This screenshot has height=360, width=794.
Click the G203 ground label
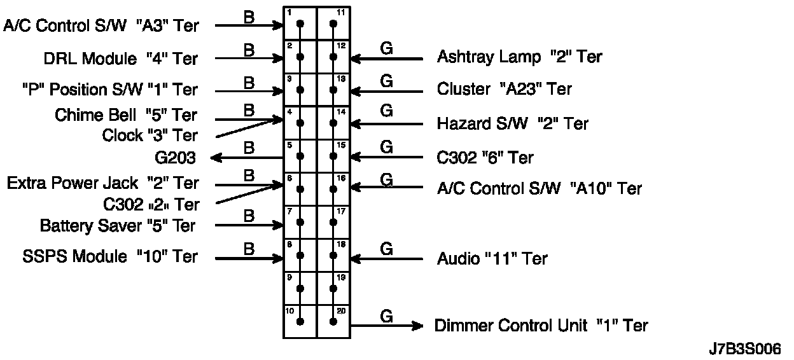pos(175,157)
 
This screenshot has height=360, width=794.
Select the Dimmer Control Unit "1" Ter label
pos(541,326)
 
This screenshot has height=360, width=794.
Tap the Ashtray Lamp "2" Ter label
pos(519,57)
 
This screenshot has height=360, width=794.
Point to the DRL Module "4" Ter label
pos(121,59)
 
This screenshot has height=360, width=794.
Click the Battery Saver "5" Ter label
pos(118,226)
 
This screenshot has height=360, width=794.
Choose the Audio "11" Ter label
pos(492,259)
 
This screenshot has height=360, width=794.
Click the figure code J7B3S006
pos(744,349)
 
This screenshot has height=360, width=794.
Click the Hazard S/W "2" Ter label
pos(512,123)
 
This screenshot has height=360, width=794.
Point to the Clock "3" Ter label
pos(150,135)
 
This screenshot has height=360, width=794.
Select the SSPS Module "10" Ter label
pos(110,257)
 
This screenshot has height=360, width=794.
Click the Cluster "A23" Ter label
pos(504,89)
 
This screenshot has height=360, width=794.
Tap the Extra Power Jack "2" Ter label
pos(103,184)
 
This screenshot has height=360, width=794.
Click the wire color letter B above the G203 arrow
pos(249,148)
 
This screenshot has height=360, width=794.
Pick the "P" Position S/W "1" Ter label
pos(109,90)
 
